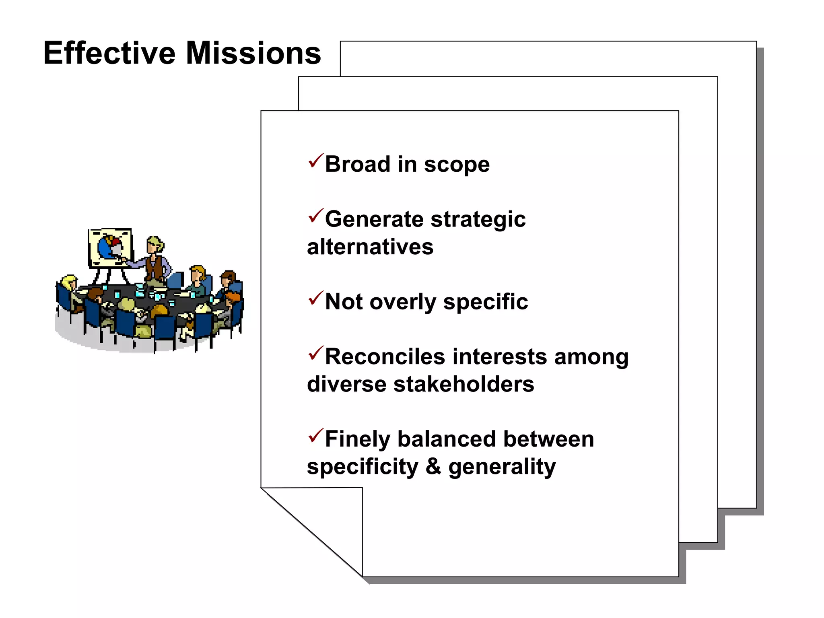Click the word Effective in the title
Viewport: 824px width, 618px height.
point(109,53)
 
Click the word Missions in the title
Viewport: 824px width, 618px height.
point(253,53)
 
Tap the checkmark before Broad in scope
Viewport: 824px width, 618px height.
point(315,161)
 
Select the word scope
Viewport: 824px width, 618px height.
point(457,165)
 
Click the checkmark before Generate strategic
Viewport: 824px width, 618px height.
point(315,216)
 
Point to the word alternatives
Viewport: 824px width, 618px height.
point(370,247)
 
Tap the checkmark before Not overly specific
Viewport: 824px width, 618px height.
point(315,298)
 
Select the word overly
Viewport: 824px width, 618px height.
point(402,303)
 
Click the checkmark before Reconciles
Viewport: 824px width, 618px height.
point(315,353)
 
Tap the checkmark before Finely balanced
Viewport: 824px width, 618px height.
point(315,435)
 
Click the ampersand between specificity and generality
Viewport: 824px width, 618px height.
point(433,466)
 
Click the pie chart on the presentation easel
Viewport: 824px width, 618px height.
point(109,246)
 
